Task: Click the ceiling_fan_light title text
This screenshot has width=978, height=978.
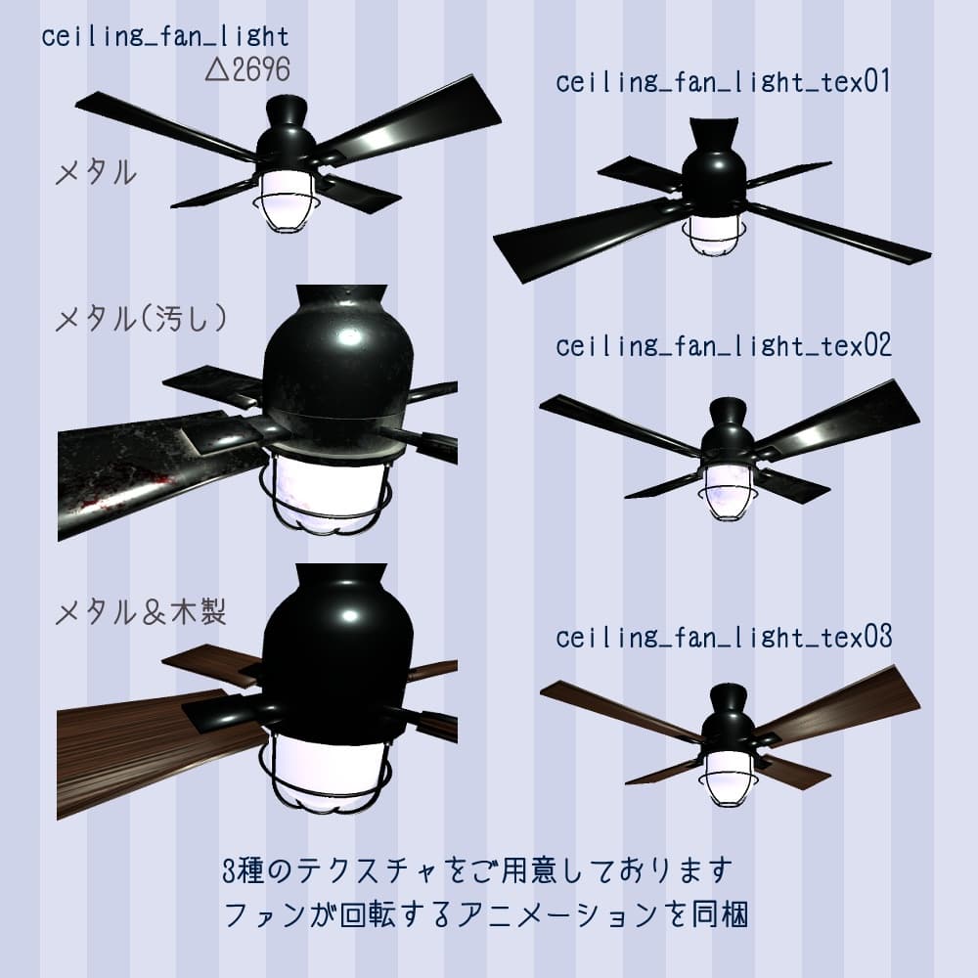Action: pyautogui.click(x=165, y=38)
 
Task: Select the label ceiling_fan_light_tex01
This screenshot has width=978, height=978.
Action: pyautogui.click(x=723, y=83)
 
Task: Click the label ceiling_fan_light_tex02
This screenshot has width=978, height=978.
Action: pyautogui.click(x=723, y=346)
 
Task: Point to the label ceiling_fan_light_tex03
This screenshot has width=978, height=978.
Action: pyautogui.click(x=723, y=638)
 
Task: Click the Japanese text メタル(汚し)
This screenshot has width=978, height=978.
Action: pyautogui.click(x=143, y=320)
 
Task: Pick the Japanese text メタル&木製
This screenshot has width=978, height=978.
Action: pyautogui.click(x=143, y=613)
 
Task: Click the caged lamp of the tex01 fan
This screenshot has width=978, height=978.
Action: pyautogui.click(x=711, y=235)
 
